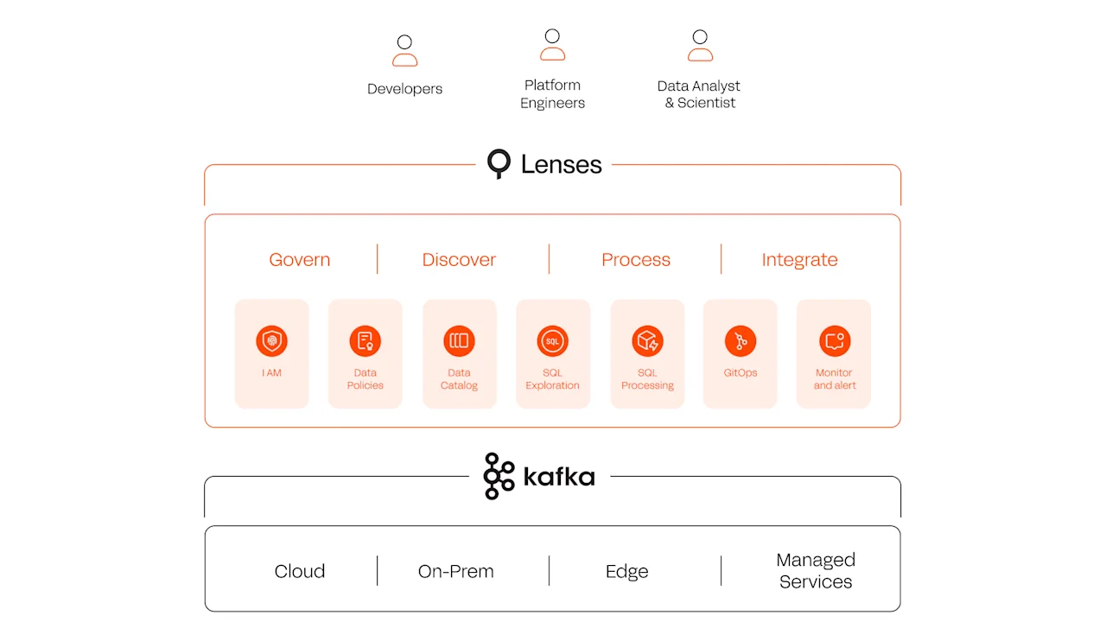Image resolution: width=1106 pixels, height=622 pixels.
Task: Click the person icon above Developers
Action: tap(404, 51)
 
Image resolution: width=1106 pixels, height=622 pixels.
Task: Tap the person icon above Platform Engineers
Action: tap(552, 45)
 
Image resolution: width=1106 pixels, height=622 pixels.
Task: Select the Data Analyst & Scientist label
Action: tap(699, 94)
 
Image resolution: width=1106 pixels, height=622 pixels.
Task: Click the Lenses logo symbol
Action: tap(499, 163)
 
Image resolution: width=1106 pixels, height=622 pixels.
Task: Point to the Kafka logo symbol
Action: tap(499, 476)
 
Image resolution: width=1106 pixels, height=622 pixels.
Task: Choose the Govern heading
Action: tap(299, 260)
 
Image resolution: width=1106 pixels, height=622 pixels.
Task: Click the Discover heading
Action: tap(459, 260)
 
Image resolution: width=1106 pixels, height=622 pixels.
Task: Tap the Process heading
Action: tap(635, 260)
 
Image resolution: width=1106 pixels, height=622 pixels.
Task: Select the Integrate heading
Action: tap(799, 260)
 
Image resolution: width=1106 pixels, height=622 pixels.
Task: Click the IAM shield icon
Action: tap(271, 341)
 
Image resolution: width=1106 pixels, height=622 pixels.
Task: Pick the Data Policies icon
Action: tap(365, 341)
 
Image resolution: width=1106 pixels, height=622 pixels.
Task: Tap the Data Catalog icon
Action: tap(459, 341)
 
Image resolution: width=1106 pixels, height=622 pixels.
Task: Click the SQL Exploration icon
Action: tap(552, 341)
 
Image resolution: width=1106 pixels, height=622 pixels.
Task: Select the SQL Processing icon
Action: tap(646, 341)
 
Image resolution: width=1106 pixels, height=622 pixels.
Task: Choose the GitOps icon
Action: tap(741, 341)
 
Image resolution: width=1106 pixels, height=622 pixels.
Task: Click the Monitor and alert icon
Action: tap(834, 341)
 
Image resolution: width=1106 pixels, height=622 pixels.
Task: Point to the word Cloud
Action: tap(299, 571)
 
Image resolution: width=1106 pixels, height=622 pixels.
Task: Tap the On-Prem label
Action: tap(455, 571)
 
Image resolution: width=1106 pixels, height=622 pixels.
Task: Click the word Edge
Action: tap(626, 571)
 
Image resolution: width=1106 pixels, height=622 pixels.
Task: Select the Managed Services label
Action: tap(815, 571)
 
